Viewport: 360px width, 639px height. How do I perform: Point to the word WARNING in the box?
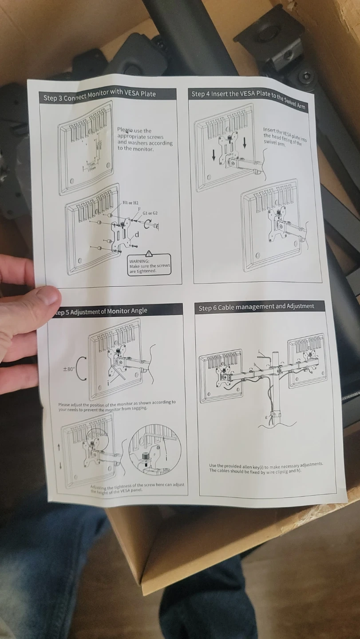pyautogui.click(x=139, y=261)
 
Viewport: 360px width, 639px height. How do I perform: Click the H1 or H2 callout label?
pyautogui.click(x=131, y=203)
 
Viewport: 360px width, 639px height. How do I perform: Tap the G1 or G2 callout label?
pyautogui.click(x=150, y=213)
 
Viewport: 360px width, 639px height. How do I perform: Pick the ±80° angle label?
pyautogui.click(x=68, y=369)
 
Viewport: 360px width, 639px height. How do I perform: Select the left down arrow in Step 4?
pyautogui.click(x=214, y=155)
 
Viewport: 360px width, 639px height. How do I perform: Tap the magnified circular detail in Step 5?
pyautogui.click(x=154, y=450)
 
